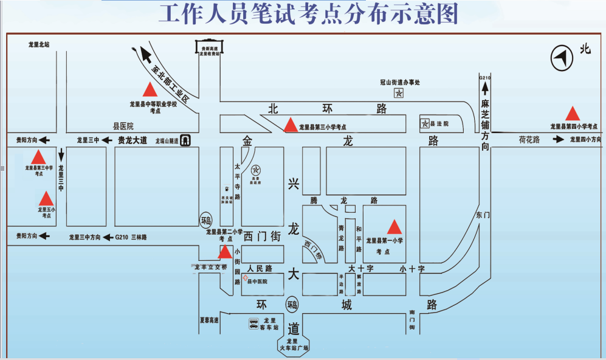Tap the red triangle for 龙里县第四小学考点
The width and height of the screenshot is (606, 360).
click(572, 114)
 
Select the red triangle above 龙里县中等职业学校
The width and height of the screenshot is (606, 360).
click(150, 90)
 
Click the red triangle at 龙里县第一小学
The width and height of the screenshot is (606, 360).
click(394, 227)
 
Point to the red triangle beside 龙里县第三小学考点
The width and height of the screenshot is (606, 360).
click(291, 125)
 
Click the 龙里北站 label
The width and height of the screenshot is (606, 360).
click(39, 44)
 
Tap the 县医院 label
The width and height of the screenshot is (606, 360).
click(123, 126)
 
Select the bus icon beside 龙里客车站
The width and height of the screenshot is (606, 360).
click(253, 324)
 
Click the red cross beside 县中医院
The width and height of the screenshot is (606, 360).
click(245, 278)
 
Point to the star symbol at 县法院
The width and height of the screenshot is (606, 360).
click(425, 123)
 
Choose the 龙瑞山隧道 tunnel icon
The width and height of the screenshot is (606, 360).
click(187, 140)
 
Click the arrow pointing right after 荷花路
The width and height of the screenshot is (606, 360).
click(559, 140)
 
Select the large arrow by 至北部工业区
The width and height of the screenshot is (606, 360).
click(146, 55)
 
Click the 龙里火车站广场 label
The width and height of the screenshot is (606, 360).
click(294, 345)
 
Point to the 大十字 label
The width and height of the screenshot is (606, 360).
click(360, 268)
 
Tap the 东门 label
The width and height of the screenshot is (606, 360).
click(483, 215)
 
